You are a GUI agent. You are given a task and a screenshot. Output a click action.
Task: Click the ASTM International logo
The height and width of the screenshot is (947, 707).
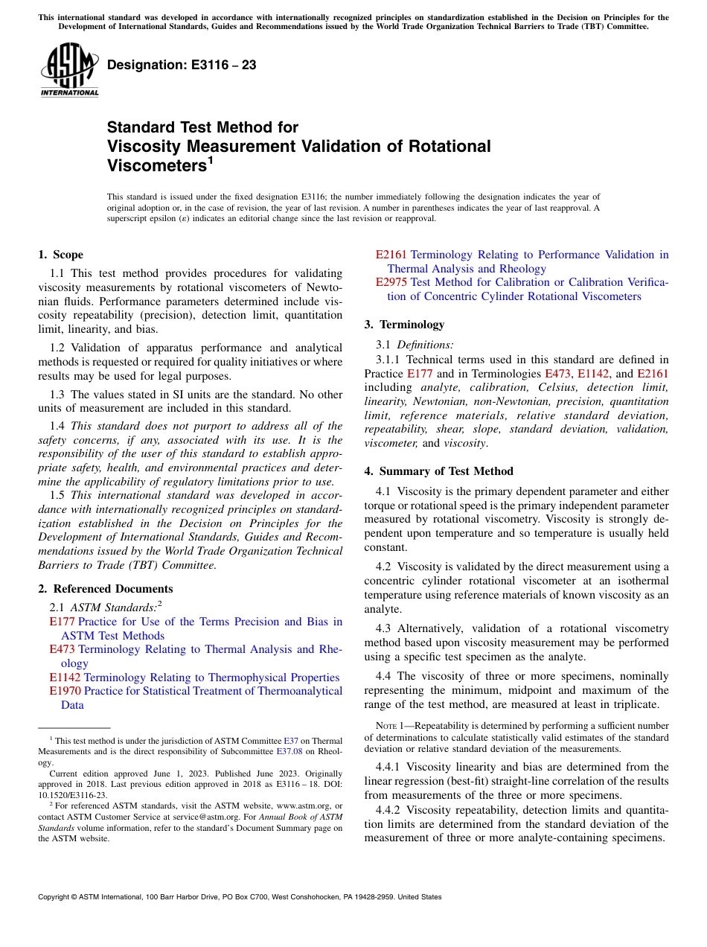[69, 69]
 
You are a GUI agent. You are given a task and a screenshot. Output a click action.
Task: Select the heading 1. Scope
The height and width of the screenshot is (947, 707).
[60, 255]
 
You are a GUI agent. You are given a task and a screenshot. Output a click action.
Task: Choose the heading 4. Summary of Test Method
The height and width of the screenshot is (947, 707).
[438, 471]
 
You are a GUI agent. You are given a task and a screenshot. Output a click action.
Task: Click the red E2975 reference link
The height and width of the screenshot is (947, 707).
[391, 282]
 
